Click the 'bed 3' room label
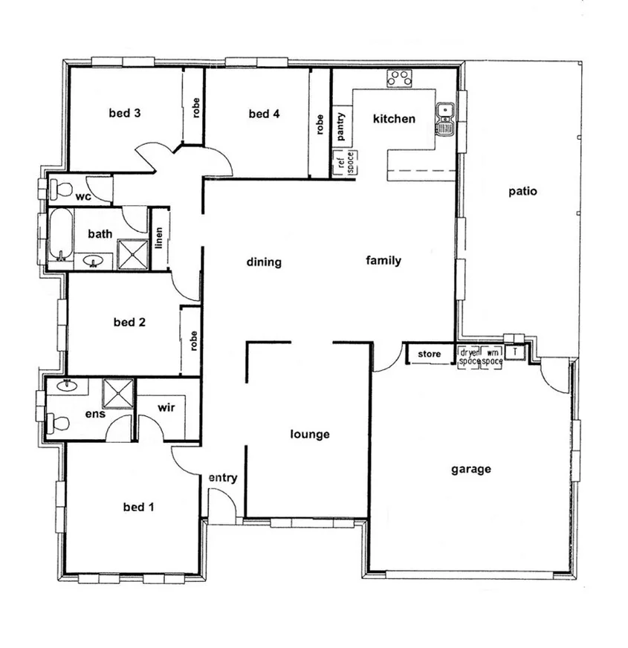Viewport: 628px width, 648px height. (x=125, y=114)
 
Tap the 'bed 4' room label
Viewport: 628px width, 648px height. (x=264, y=114)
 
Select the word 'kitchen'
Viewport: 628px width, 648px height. (x=394, y=119)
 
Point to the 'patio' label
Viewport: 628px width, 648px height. (x=522, y=191)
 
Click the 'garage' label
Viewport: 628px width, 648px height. (x=470, y=469)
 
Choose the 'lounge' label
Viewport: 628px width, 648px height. (x=309, y=434)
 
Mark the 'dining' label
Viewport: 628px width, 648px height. (x=265, y=262)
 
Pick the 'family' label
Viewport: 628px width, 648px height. (x=383, y=260)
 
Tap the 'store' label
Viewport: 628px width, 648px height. (x=430, y=354)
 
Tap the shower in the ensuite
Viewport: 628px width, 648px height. (x=116, y=393)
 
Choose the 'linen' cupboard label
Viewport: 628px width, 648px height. (x=159, y=239)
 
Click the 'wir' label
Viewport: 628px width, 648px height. (x=166, y=409)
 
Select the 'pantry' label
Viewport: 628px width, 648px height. (x=340, y=126)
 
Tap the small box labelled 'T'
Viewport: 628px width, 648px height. (x=515, y=351)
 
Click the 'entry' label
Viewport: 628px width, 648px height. (x=222, y=478)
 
